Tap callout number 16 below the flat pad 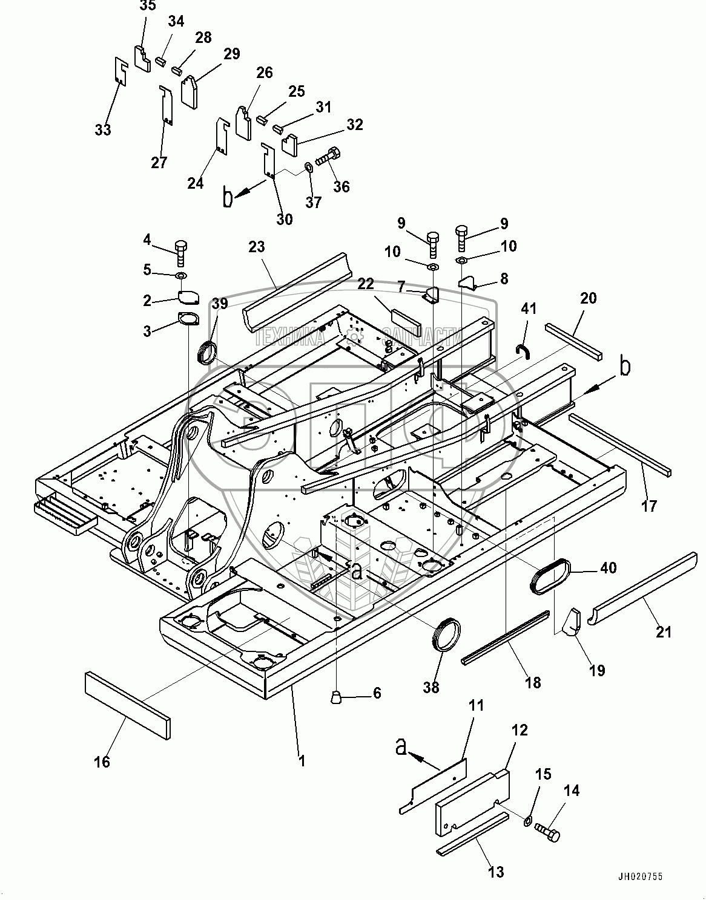point(103,761)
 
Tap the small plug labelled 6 point(337,698)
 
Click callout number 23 point(257,247)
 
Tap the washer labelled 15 point(527,821)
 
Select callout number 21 point(664,632)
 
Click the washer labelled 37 point(307,167)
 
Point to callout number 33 point(103,129)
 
